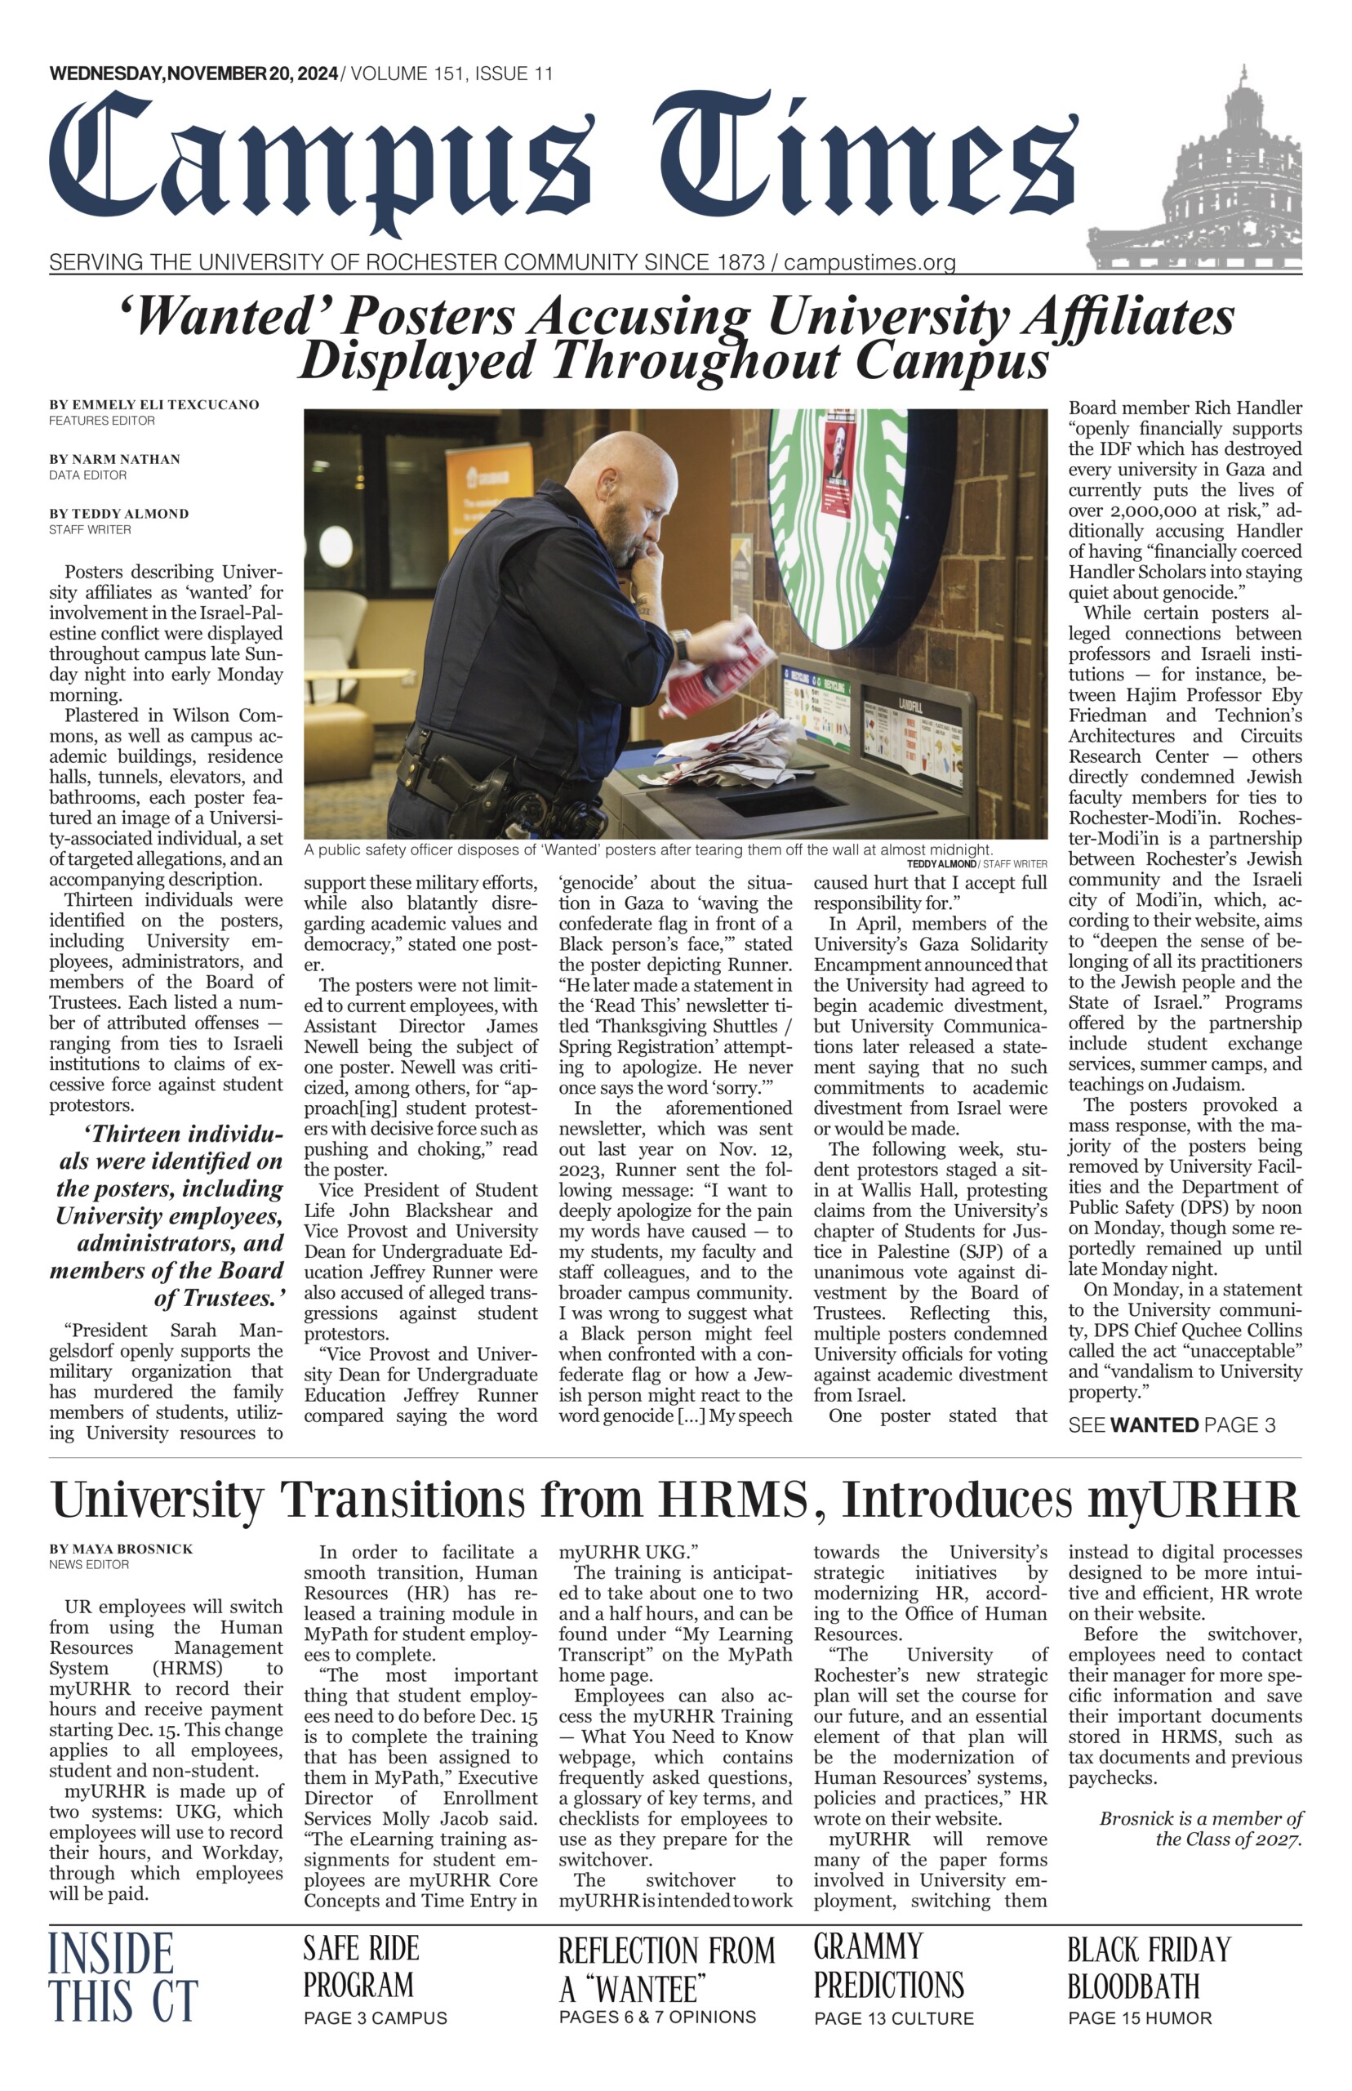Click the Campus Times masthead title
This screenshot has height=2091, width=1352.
(562, 163)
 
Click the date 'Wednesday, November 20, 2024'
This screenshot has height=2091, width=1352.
(193, 74)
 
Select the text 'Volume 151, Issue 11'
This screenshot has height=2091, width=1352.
(451, 74)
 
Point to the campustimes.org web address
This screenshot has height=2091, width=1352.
(869, 261)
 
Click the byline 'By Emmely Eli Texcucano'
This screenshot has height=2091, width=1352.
(153, 405)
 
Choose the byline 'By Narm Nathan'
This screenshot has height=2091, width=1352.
(114, 459)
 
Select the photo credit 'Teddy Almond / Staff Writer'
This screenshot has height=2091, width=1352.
(976, 864)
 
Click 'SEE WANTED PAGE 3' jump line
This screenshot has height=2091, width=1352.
(1171, 1425)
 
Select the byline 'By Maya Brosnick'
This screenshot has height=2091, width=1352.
(121, 1549)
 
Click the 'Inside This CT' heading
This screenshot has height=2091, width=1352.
(123, 1976)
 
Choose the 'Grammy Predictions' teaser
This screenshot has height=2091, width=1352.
(888, 1965)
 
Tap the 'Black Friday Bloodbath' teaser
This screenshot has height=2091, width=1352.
(1150, 1967)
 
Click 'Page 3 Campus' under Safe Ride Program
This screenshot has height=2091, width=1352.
(375, 2018)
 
